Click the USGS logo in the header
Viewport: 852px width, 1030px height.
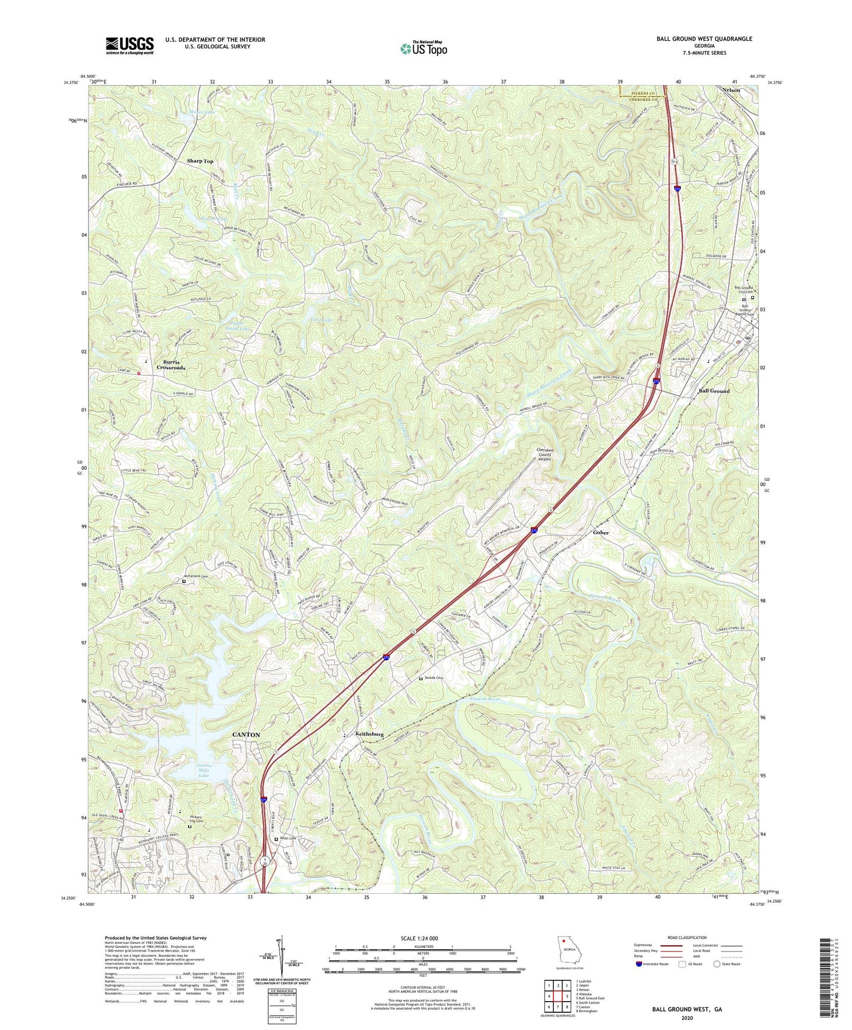[130, 45]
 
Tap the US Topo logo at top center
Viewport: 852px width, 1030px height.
[423, 48]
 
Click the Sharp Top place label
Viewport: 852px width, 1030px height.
[200, 161]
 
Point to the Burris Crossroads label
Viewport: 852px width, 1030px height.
[171, 364]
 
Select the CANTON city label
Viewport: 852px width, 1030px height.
[246, 734]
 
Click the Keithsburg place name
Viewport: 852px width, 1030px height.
[370, 734]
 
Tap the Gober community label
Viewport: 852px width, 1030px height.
[601, 532]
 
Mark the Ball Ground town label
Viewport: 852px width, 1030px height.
[714, 391]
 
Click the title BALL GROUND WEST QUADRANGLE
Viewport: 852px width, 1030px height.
[704, 39]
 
